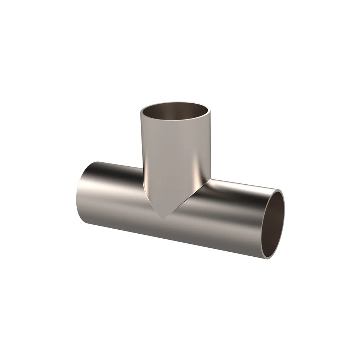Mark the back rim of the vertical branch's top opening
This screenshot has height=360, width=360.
pyautogui.click(x=175, y=102)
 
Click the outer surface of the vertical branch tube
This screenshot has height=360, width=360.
pyautogui.click(x=173, y=151)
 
